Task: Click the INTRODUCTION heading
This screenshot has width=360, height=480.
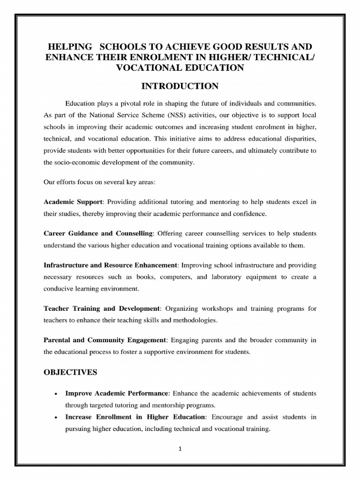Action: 180,86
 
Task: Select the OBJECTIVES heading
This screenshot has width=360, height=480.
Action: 70,372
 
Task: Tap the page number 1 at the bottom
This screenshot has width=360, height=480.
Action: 180,448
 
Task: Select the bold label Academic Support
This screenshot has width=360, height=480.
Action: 73,202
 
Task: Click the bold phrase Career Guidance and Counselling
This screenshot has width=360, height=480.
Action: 98,233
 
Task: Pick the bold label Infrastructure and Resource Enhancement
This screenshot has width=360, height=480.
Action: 110,264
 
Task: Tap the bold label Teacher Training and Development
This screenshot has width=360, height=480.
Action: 102,308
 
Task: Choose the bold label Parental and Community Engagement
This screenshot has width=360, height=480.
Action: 105,340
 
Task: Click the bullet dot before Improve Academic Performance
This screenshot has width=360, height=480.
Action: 56,393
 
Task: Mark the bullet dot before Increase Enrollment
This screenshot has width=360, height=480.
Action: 56,417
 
